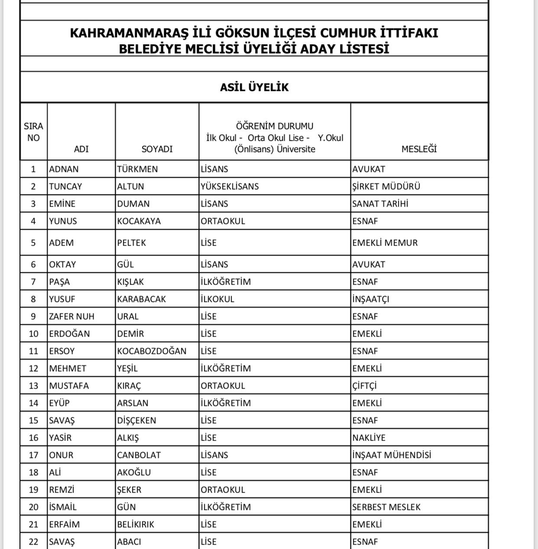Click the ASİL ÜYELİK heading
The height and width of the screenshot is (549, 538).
254,87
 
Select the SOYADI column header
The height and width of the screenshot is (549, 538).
157,149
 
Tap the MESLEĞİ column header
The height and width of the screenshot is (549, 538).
419,149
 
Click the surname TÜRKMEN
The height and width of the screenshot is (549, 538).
137,169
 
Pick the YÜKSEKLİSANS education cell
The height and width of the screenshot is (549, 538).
230,186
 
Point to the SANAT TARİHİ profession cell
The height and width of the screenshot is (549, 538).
380,204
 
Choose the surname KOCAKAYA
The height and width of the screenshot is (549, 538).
139,221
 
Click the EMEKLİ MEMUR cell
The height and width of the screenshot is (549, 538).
385,243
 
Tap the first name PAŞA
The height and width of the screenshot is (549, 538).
59,282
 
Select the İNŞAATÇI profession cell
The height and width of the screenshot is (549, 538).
370,299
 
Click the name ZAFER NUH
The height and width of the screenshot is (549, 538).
71,316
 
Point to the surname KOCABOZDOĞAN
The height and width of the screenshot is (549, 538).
152,351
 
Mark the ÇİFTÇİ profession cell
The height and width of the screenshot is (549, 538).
364,386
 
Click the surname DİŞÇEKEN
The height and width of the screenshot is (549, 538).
136,420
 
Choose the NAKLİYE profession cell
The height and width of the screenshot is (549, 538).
369,438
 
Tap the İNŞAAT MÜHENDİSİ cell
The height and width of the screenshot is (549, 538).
392,455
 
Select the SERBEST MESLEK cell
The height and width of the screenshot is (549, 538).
386,507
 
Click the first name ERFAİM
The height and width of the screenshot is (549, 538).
64,524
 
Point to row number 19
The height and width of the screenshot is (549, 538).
33,490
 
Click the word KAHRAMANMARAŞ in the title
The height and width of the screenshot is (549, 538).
129,33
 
